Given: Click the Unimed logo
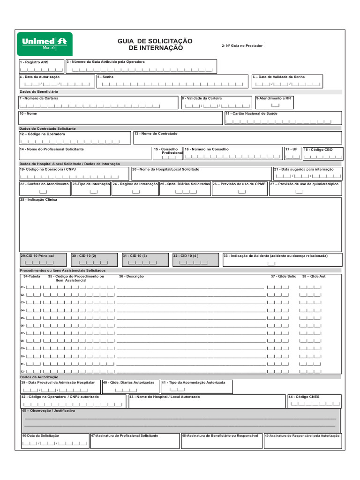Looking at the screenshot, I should [45, 44].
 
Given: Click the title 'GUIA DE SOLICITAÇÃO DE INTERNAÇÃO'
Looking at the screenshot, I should [155, 45].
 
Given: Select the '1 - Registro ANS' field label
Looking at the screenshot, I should [34, 62].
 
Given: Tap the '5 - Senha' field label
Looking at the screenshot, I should [105, 76].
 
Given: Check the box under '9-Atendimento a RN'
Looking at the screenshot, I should [275, 105].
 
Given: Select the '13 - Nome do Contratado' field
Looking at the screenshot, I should [237, 138].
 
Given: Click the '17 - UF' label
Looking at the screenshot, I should [292, 149].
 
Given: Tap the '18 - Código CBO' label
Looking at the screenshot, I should [318, 150].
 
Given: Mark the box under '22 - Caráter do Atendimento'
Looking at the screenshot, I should [43, 191].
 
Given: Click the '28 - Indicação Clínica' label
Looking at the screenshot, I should [38, 200].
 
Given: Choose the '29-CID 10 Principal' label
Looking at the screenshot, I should [37, 256].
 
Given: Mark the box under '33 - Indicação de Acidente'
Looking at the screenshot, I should [271, 263].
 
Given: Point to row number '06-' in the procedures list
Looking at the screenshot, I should [22, 326].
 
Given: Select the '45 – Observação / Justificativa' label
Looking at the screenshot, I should [48, 411].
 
